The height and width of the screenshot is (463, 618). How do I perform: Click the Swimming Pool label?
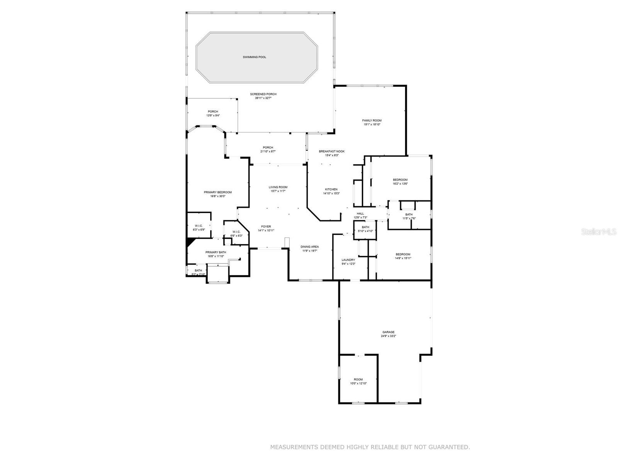coord(254,57)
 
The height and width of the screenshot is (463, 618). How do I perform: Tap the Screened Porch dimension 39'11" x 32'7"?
coord(263,98)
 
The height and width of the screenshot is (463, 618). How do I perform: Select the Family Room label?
coord(372,120)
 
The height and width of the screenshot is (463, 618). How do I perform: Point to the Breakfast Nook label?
coord(331,151)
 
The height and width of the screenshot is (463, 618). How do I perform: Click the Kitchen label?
coord(331,189)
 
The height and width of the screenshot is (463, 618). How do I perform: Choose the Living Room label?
coord(278,187)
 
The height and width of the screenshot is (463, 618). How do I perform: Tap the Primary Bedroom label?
coord(218,192)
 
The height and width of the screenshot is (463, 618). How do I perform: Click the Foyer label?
coord(266,226)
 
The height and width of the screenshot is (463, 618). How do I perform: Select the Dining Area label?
coord(309,247)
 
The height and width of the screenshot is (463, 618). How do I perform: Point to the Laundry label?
coord(348,260)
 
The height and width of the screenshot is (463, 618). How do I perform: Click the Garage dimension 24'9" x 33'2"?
coord(388,336)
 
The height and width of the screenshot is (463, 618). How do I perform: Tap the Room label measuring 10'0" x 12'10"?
coord(358,379)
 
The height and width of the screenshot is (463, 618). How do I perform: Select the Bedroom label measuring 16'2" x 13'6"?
coord(400,180)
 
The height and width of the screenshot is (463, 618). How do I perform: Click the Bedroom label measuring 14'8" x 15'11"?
coord(403,254)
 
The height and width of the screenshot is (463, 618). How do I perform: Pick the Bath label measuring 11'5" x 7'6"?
coord(409,215)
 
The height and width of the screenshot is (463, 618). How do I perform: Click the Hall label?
coord(360,213)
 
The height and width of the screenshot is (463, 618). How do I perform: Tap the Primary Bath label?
coord(216,252)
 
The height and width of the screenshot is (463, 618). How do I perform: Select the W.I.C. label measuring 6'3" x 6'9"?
coord(199,226)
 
